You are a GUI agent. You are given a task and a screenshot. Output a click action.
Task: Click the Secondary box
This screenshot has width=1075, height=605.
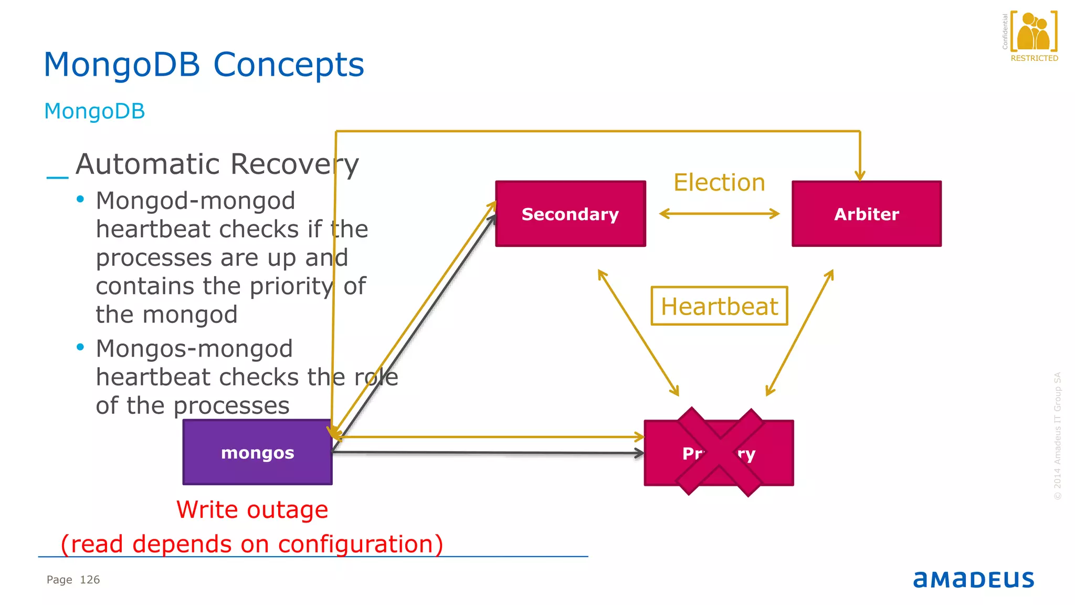(x=571, y=214)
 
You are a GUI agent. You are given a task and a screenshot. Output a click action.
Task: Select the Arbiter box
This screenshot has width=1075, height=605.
(x=866, y=214)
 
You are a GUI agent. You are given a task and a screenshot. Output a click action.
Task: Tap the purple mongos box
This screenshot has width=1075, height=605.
(x=257, y=452)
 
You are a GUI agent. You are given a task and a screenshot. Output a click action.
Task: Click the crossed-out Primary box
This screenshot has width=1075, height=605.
(x=719, y=453)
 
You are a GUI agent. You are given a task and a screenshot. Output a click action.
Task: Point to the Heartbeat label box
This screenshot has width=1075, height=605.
(x=719, y=306)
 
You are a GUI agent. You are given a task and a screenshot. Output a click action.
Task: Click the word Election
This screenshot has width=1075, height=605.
(x=719, y=182)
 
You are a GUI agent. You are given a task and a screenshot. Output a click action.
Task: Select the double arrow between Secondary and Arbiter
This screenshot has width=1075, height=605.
(x=719, y=214)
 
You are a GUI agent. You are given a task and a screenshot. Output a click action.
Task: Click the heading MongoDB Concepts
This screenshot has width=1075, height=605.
(x=204, y=65)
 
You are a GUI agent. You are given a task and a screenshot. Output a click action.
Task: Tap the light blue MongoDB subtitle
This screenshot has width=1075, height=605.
(x=94, y=111)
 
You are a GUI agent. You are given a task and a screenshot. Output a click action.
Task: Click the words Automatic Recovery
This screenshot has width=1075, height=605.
(x=217, y=164)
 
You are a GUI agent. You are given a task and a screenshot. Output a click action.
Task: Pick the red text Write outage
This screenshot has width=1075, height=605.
(x=252, y=509)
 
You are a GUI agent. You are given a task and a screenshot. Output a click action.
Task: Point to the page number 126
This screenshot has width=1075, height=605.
(x=90, y=579)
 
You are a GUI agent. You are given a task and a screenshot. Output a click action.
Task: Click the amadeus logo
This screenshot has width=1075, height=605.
(x=973, y=579)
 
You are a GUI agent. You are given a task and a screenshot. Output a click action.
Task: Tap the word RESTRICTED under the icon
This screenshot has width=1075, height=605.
(x=1034, y=58)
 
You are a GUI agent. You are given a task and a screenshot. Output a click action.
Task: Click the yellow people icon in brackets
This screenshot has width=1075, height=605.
(x=1034, y=32)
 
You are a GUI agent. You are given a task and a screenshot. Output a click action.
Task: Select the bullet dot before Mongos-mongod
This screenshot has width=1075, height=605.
(x=80, y=347)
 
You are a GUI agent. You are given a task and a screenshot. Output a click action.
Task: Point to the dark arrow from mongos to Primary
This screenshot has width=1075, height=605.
(x=488, y=453)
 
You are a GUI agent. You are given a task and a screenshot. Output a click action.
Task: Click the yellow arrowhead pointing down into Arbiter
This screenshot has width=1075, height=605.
(x=860, y=175)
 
